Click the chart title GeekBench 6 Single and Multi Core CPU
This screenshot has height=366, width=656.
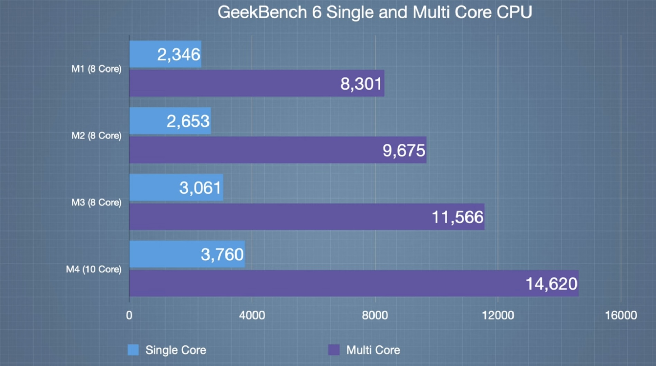(x=375, y=12)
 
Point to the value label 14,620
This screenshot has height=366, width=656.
(x=551, y=284)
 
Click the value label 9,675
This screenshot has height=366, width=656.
(x=404, y=150)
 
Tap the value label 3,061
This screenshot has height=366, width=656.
(x=200, y=188)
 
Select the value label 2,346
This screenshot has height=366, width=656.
(x=179, y=55)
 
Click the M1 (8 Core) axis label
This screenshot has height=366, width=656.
(x=96, y=69)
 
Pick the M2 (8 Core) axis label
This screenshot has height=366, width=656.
(x=96, y=135)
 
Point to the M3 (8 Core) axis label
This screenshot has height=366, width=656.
(x=96, y=202)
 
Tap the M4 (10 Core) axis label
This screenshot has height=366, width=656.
(x=94, y=269)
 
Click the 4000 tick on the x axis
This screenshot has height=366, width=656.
(x=252, y=315)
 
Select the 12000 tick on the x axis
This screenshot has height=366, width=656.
(x=498, y=315)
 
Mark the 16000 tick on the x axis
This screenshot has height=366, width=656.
(x=621, y=315)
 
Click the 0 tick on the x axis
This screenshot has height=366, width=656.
(x=129, y=315)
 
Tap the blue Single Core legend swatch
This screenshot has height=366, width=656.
(x=133, y=350)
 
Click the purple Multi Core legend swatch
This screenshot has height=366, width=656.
(x=334, y=350)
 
